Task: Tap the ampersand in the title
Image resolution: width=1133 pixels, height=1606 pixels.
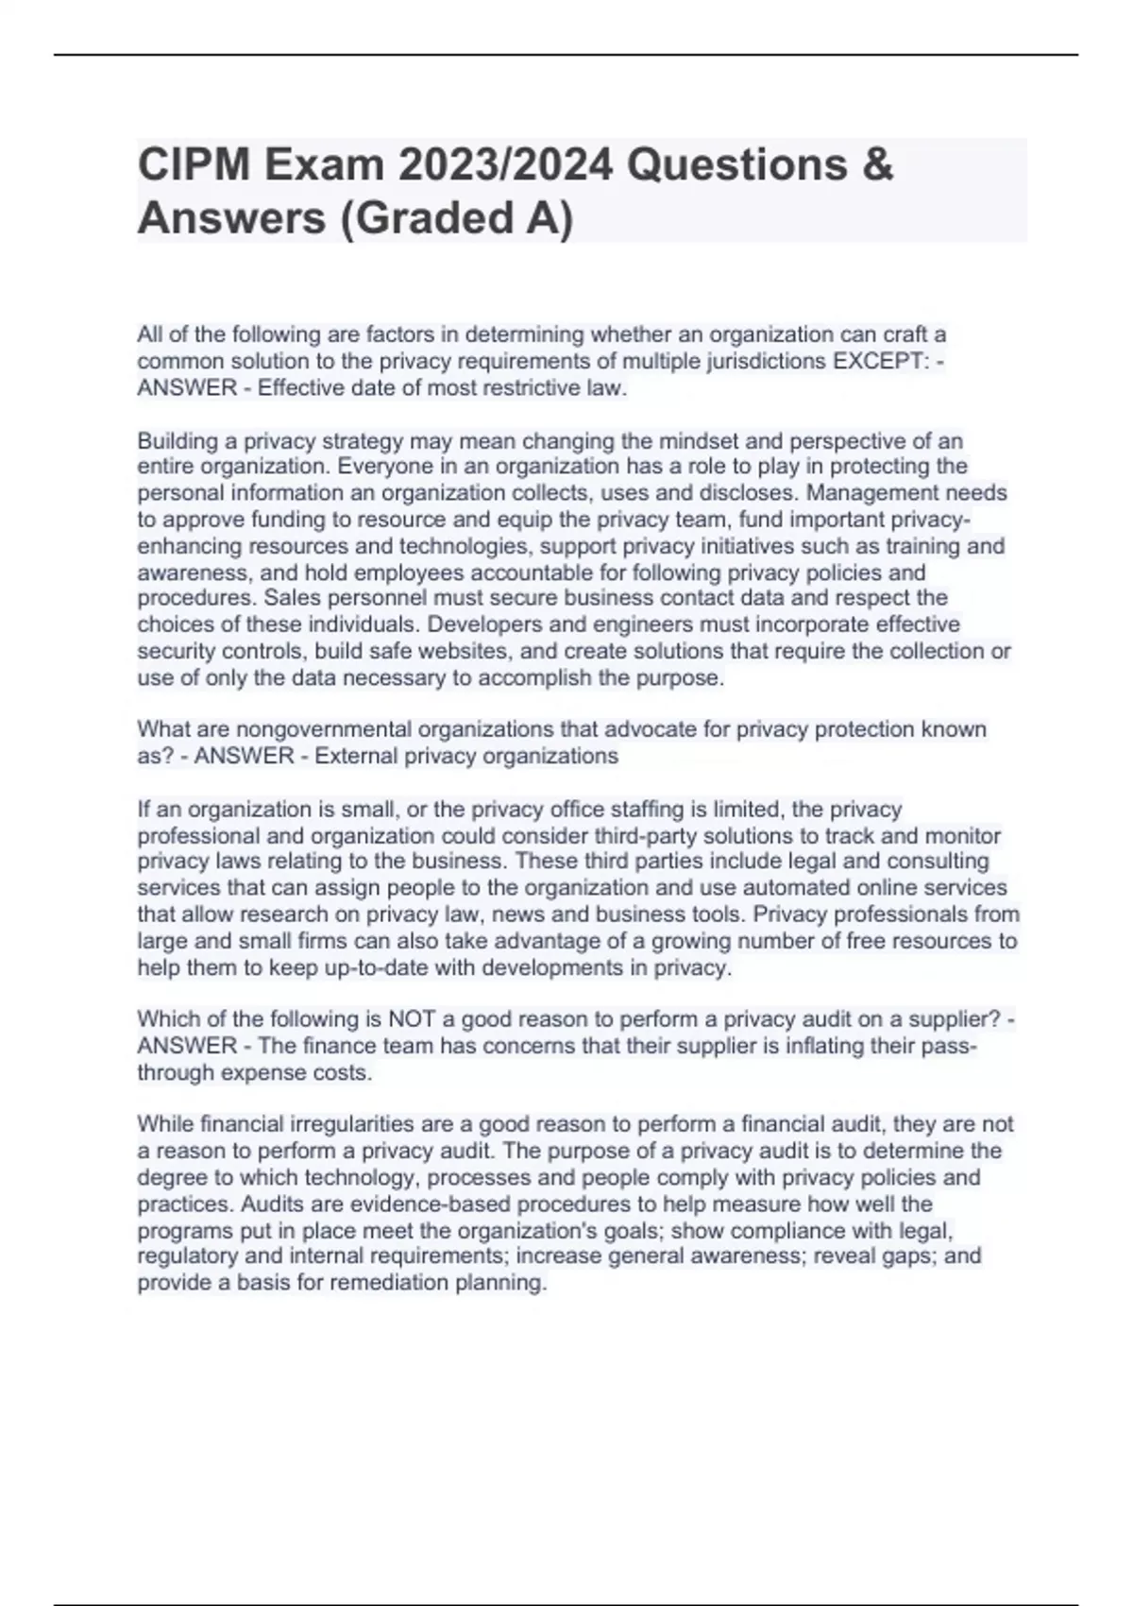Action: pyautogui.click(x=877, y=165)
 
